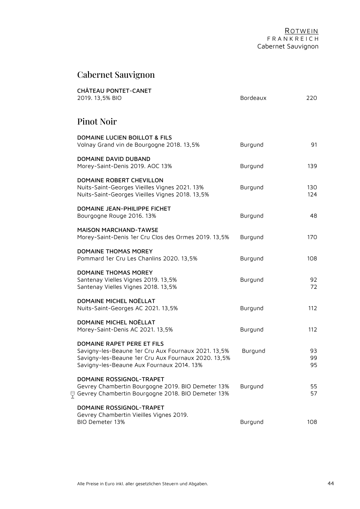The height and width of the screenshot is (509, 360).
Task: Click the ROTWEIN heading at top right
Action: [x=301, y=31]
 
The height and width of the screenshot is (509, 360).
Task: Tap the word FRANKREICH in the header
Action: [x=293, y=39]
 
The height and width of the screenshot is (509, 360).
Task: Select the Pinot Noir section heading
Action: [x=97, y=122]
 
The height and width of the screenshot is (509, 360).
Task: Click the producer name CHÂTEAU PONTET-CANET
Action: [x=114, y=91]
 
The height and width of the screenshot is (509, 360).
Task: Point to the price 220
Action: [x=312, y=98]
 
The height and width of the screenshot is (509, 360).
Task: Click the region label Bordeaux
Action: [x=253, y=98]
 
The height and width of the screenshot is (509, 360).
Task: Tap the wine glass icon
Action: [x=72, y=395]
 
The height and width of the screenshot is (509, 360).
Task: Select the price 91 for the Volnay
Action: [x=314, y=145]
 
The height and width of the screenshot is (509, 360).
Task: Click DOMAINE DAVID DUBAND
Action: [x=114, y=159]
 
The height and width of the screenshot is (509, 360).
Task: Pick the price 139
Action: [x=312, y=166]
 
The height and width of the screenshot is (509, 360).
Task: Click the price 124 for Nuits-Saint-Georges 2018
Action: [x=312, y=194]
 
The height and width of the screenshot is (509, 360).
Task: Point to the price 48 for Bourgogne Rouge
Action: [x=313, y=216]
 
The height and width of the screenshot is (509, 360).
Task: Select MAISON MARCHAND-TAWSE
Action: [x=118, y=230]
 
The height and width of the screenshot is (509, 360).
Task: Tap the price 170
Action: [x=312, y=237]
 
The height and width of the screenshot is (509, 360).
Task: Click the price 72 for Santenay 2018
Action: [x=314, y=287]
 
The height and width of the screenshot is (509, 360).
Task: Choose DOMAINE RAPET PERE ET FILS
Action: [x=120, y=344]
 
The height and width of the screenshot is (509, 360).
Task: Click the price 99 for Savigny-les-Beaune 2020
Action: [x=314, y=358]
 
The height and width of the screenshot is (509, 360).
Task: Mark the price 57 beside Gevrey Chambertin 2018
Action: [x=314, y=394]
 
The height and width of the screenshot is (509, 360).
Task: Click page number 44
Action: [x=331, y=483]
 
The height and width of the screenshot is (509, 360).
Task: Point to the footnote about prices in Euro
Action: [x=142, y=484]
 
